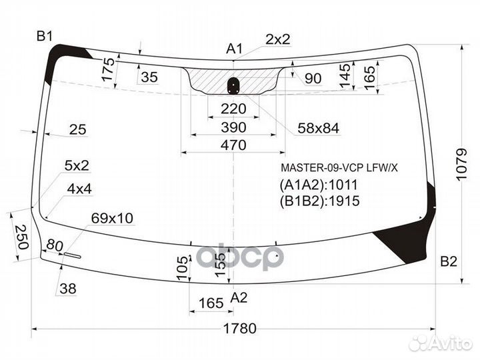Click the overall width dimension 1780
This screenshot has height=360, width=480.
[240, 329]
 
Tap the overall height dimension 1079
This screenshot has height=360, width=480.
[461, 165]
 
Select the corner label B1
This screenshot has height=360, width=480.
[45, 37]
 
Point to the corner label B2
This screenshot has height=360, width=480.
[449, 261]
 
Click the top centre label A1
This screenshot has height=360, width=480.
[234, 49]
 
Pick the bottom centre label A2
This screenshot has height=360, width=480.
[239, 297]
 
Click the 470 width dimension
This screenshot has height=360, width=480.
[233, 145]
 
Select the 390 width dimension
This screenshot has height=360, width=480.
[233, 127]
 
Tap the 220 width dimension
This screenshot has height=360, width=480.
[233, 109]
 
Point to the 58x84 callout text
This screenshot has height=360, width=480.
[319, 128]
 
